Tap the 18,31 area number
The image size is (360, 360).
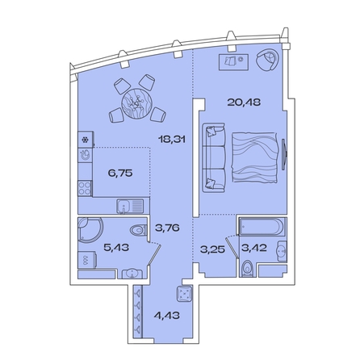pos(171,138)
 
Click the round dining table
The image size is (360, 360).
pos(136,102)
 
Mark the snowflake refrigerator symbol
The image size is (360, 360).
pos(84,139)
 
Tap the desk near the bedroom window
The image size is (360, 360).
pos(234,61)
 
